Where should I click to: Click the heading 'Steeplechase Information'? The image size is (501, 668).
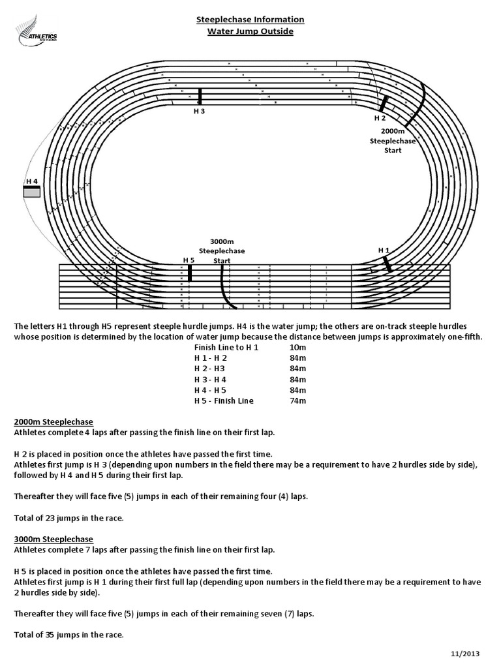pyautogui.click(x=250, y=20)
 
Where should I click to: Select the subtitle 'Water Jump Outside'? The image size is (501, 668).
pyautogui.click(x=250, y=31)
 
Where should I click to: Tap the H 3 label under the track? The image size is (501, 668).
pyautogui.click(x=200, y=111)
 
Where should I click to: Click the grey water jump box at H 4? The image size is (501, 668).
pyautogui.click(x=31, y=192)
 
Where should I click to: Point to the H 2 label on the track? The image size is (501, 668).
pyautogui.click(x=380, y=119)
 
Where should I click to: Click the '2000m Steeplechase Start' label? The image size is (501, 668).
pyautogui.click(x=392, y=140)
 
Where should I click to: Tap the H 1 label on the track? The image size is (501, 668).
pyautogui.click(x=384, y=250)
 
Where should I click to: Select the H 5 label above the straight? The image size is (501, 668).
pyautogui.click(x=189, y=260)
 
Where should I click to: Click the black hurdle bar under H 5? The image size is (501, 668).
pyautogui.click(x=190, y=273)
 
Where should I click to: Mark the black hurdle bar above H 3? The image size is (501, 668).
pyautogui.click(x=200, y=97)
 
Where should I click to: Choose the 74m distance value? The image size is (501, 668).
pyautogui.click(x=297, y=401)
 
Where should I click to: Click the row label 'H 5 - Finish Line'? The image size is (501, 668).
pyautogui.click(x=224, y=401)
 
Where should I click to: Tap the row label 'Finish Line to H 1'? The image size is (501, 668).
pyautogui.click(x=226, y=348)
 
